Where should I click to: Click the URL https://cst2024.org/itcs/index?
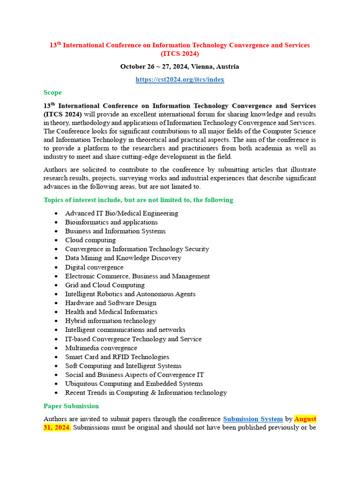click(180, 80)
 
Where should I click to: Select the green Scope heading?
click(52, 92)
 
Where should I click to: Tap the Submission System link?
click(253, 419)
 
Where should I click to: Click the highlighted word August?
click(305, 419)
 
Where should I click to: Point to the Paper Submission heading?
click(71, 406)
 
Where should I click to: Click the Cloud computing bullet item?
click(90, 240)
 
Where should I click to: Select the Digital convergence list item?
click(94, 267)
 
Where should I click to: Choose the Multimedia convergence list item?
click(101, 348)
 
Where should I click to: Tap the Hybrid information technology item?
click(111, 321)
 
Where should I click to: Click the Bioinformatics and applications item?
click(112, 222)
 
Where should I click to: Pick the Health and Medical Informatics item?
click(111, 312)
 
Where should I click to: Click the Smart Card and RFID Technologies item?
click(117, 357)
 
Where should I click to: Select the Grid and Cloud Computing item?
click(105, 285)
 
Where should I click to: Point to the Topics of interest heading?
click(138, 200)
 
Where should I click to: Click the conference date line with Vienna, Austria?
click(180, 67)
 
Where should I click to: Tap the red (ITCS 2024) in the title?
click(180, 54)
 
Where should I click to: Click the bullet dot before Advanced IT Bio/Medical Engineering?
click(56, 214)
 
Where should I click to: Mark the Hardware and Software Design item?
click(111, 303)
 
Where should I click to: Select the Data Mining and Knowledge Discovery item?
click(123, 258)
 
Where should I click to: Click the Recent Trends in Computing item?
click(146, 392)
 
